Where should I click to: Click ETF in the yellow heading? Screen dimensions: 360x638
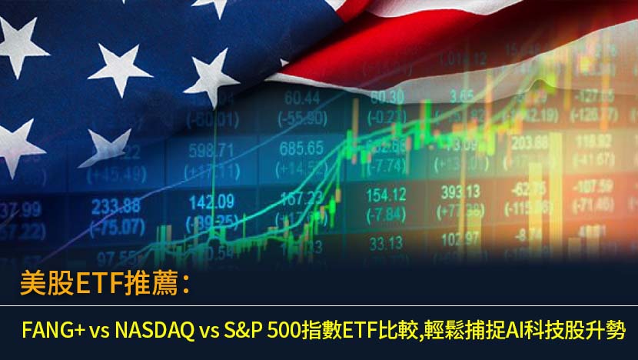[x=91, y=284]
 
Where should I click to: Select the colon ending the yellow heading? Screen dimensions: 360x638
[x=186, y=285]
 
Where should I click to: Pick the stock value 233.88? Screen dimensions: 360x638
[x=115, y=205]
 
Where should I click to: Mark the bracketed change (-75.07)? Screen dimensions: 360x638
[x=115, y=225]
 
